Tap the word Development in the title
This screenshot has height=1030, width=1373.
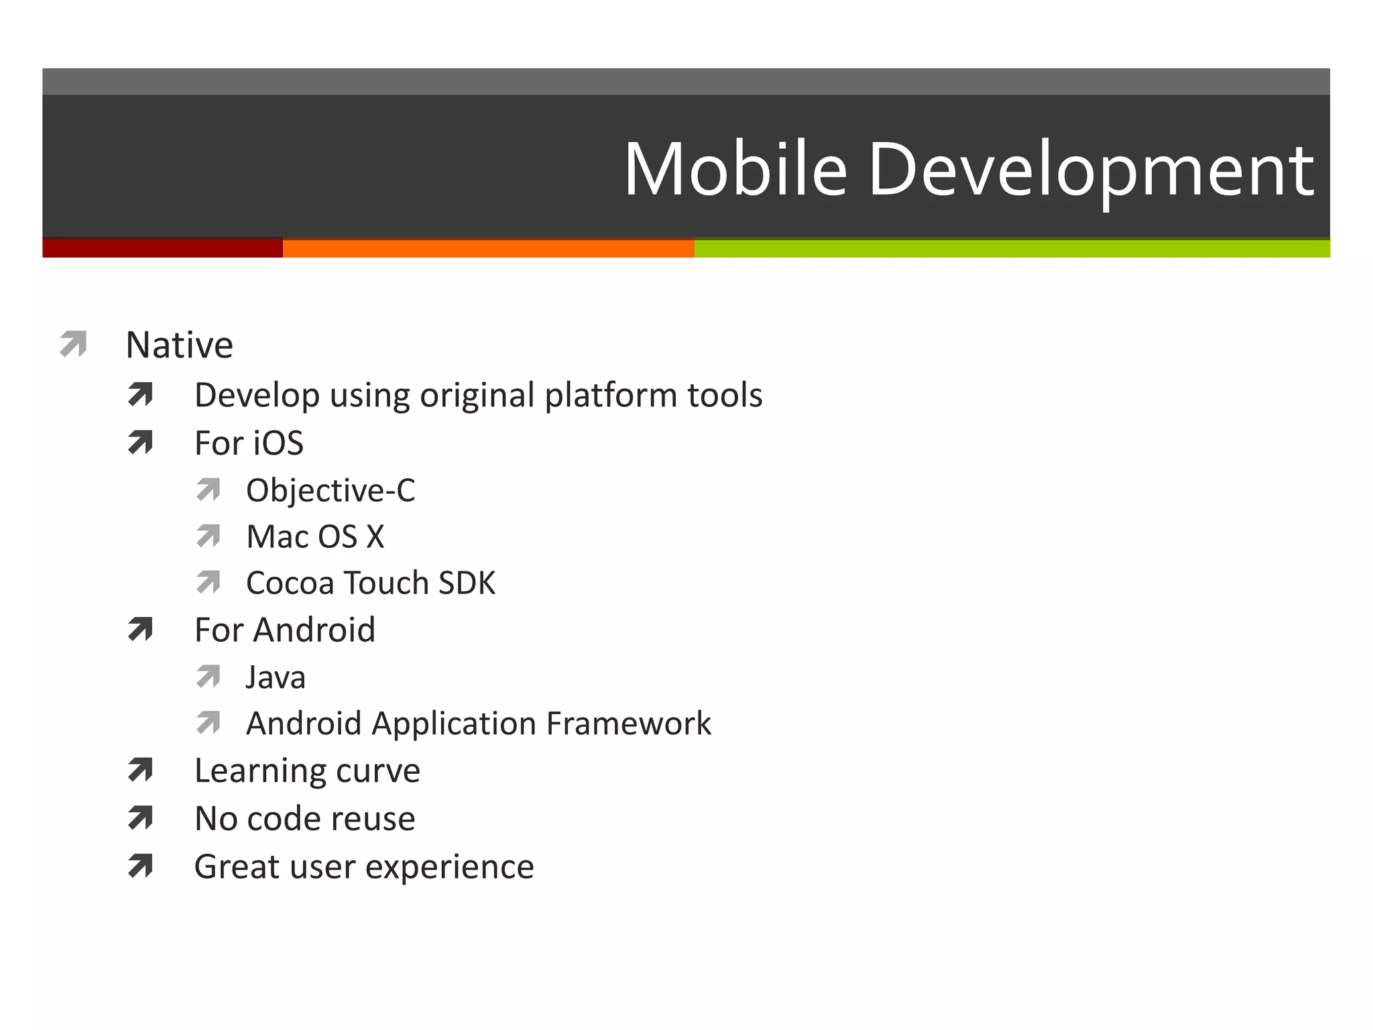coord(1091,171)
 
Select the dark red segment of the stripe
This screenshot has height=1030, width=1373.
coord(162,248)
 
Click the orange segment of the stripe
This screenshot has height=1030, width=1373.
coord(488,248)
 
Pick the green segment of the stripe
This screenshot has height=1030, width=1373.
coord(1012,248)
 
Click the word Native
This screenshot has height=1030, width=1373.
coord(179,345)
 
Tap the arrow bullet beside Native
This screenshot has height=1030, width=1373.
coord(73,344)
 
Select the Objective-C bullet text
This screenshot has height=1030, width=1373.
coord(331,490)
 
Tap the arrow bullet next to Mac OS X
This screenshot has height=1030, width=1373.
coord(208,536)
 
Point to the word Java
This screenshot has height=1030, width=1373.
coord(276,677)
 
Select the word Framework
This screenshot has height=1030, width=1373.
coord(628,724)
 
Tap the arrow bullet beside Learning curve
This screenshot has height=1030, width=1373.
coord(140,770)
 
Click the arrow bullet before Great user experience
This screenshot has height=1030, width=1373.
coord(140,866)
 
